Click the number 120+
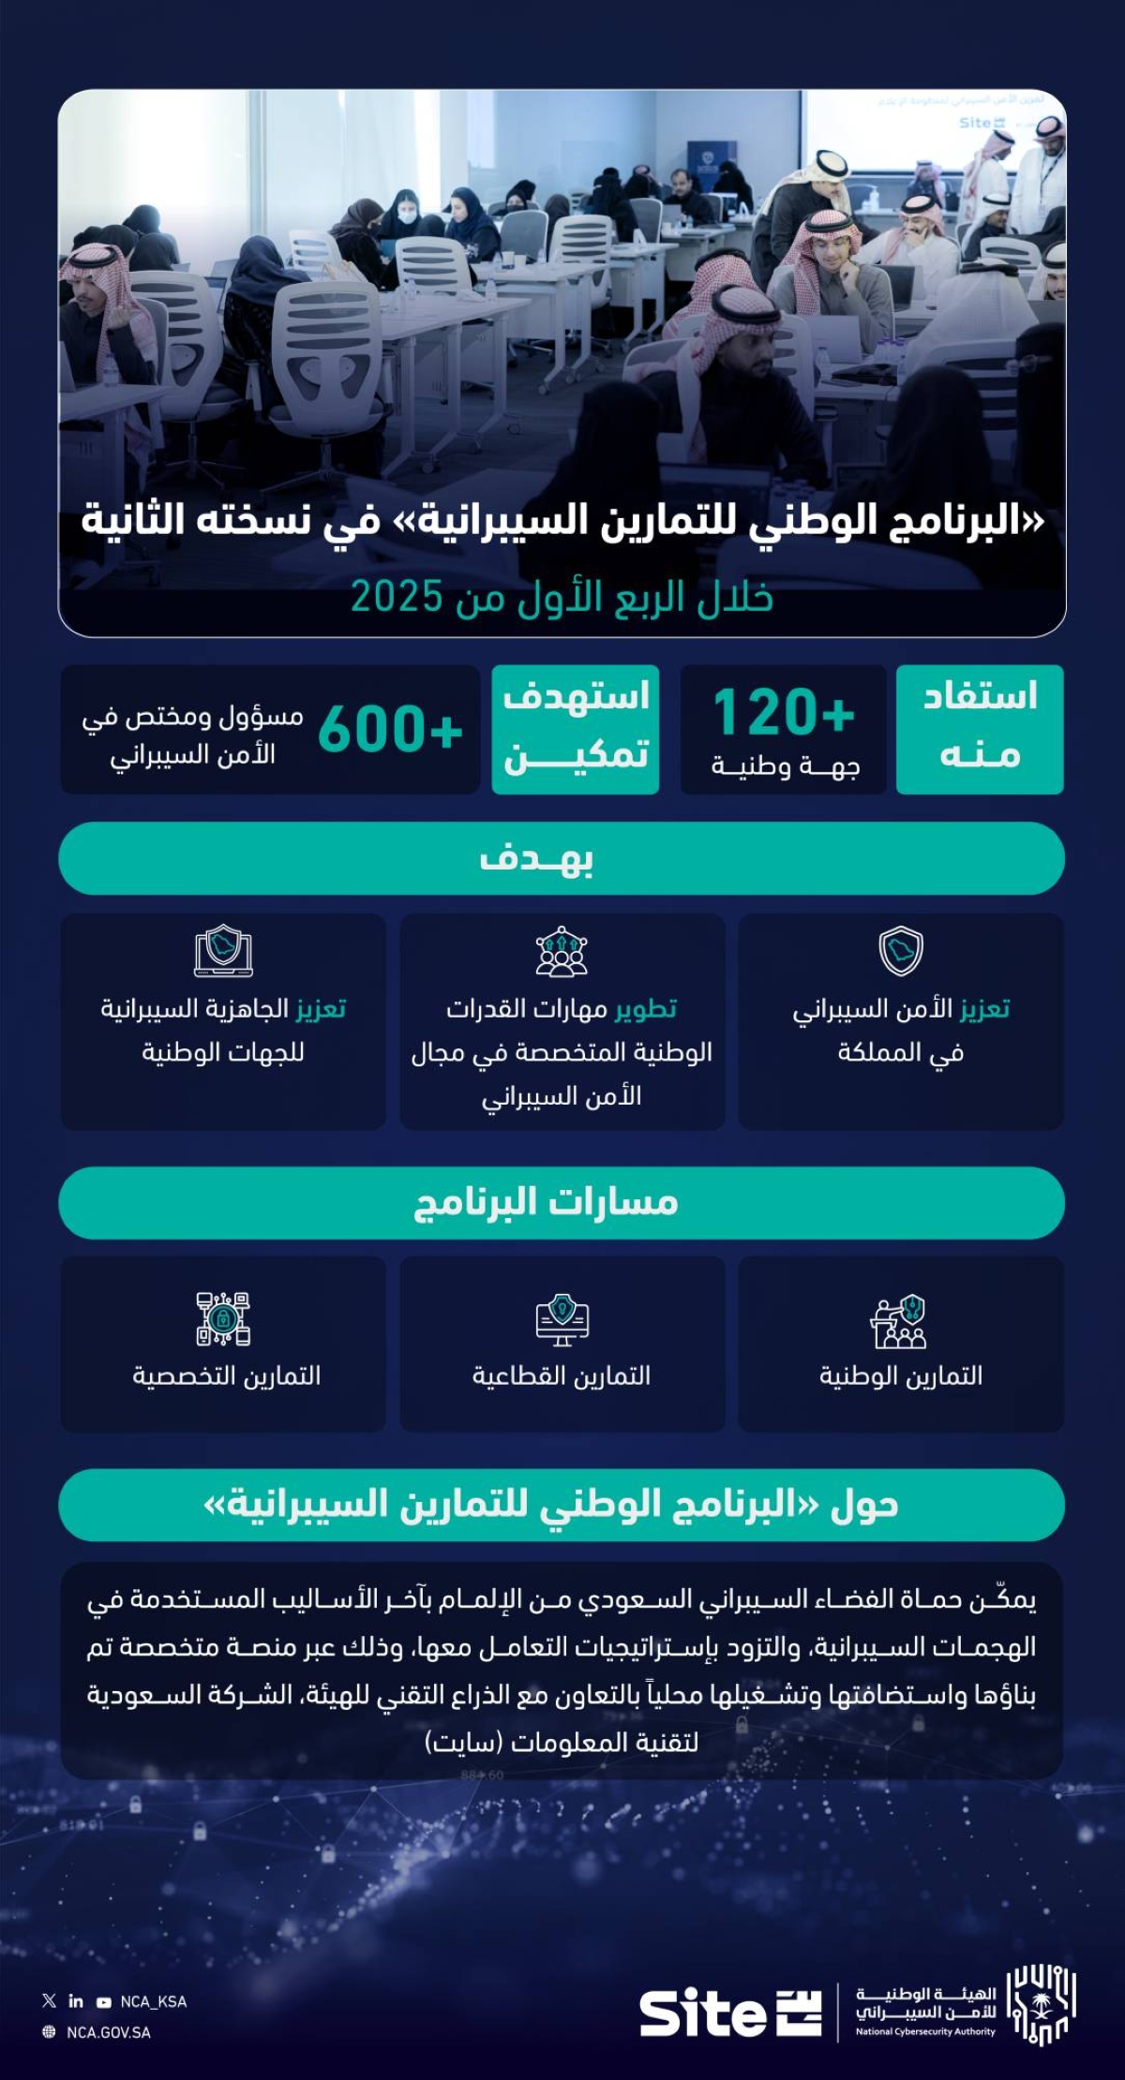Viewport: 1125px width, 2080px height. click(784, 713)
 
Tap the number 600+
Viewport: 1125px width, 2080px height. click(390, 730)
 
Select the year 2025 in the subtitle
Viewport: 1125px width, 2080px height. click(396, 597)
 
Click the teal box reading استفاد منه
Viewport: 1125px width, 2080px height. click(980, 729)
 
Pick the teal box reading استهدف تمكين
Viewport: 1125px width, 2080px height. click(576, 729)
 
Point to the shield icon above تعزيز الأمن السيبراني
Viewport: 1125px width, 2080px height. click(901, 951)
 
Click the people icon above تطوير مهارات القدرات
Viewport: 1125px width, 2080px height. click(562, 952)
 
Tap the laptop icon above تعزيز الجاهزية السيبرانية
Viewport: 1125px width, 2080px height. click(223, 951)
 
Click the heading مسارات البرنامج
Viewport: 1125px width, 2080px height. click(546, 1202)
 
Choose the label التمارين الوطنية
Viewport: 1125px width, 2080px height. click(901, 1375)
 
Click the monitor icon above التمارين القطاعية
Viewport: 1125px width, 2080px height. click(562, 1321)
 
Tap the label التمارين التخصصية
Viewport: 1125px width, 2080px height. click(226, 1375)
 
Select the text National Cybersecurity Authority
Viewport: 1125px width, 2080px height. click(924, 2031)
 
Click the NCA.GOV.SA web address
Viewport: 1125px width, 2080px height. click(108, 2032)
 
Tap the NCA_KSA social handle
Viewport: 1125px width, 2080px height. click(153, 2001)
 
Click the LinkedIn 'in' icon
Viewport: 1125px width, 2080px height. click(76, 2001)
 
